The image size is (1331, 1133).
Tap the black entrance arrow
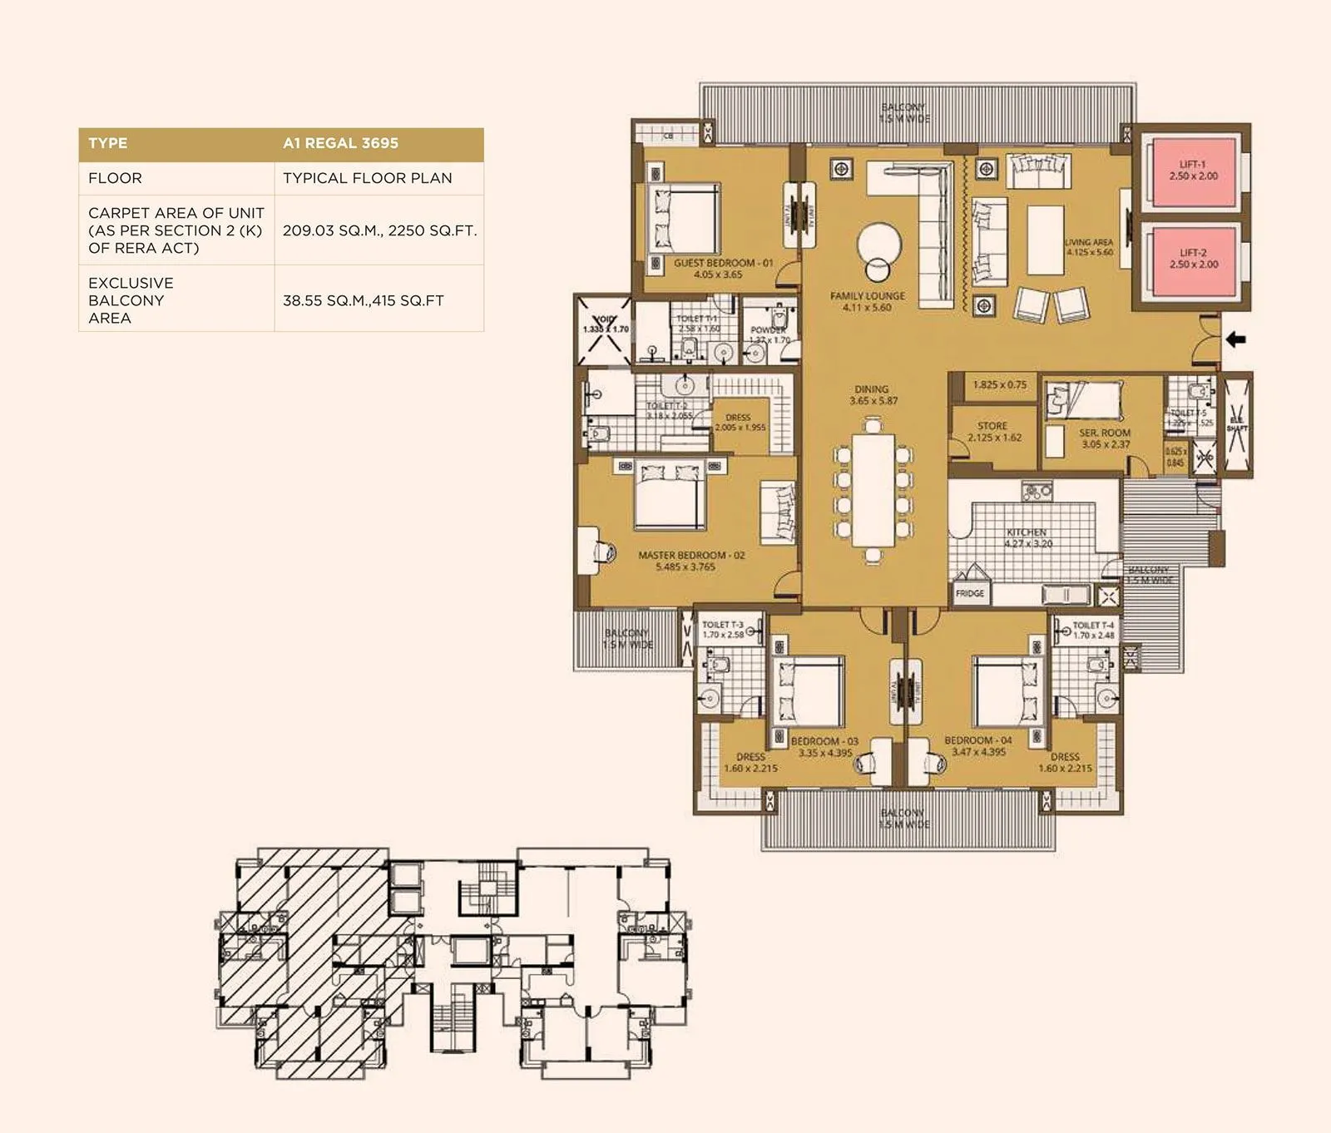[1236, 339]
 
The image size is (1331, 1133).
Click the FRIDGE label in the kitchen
[970, 593]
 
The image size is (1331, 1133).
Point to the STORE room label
[993, 431]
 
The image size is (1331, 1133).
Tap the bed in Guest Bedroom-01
[684, 220]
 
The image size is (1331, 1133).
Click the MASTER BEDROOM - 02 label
[691, 560]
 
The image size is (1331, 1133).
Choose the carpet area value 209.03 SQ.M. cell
[379, 230]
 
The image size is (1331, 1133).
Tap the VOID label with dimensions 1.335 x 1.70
[605, 324]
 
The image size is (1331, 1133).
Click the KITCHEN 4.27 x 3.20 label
[1027, 537]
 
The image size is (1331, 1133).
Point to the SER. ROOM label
[1105, 438]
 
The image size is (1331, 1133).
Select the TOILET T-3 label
[722, 630]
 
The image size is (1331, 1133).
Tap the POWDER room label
[769, 334]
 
